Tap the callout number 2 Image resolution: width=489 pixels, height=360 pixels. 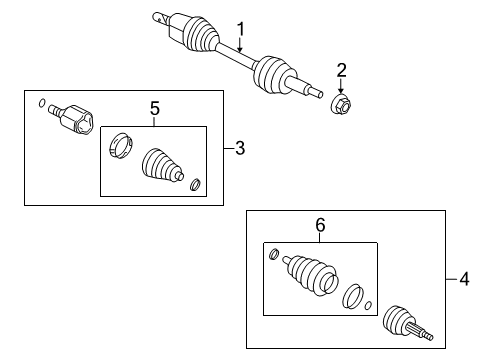click(341, 69)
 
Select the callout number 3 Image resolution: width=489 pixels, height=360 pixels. click(239, 149)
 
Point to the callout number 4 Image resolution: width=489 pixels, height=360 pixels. click(462, 280)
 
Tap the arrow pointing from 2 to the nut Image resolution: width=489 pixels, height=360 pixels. click(341, 85)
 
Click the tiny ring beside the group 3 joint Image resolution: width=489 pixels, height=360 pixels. click(40, 104)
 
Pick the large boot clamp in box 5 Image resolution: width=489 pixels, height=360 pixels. click(120, 146)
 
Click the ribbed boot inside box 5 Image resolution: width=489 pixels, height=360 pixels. click(162, 168)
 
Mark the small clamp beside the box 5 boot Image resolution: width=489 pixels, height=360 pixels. click(194, 184)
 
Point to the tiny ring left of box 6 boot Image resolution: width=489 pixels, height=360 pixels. click(272, 254)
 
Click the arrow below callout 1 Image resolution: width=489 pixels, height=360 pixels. click(240, 44)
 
